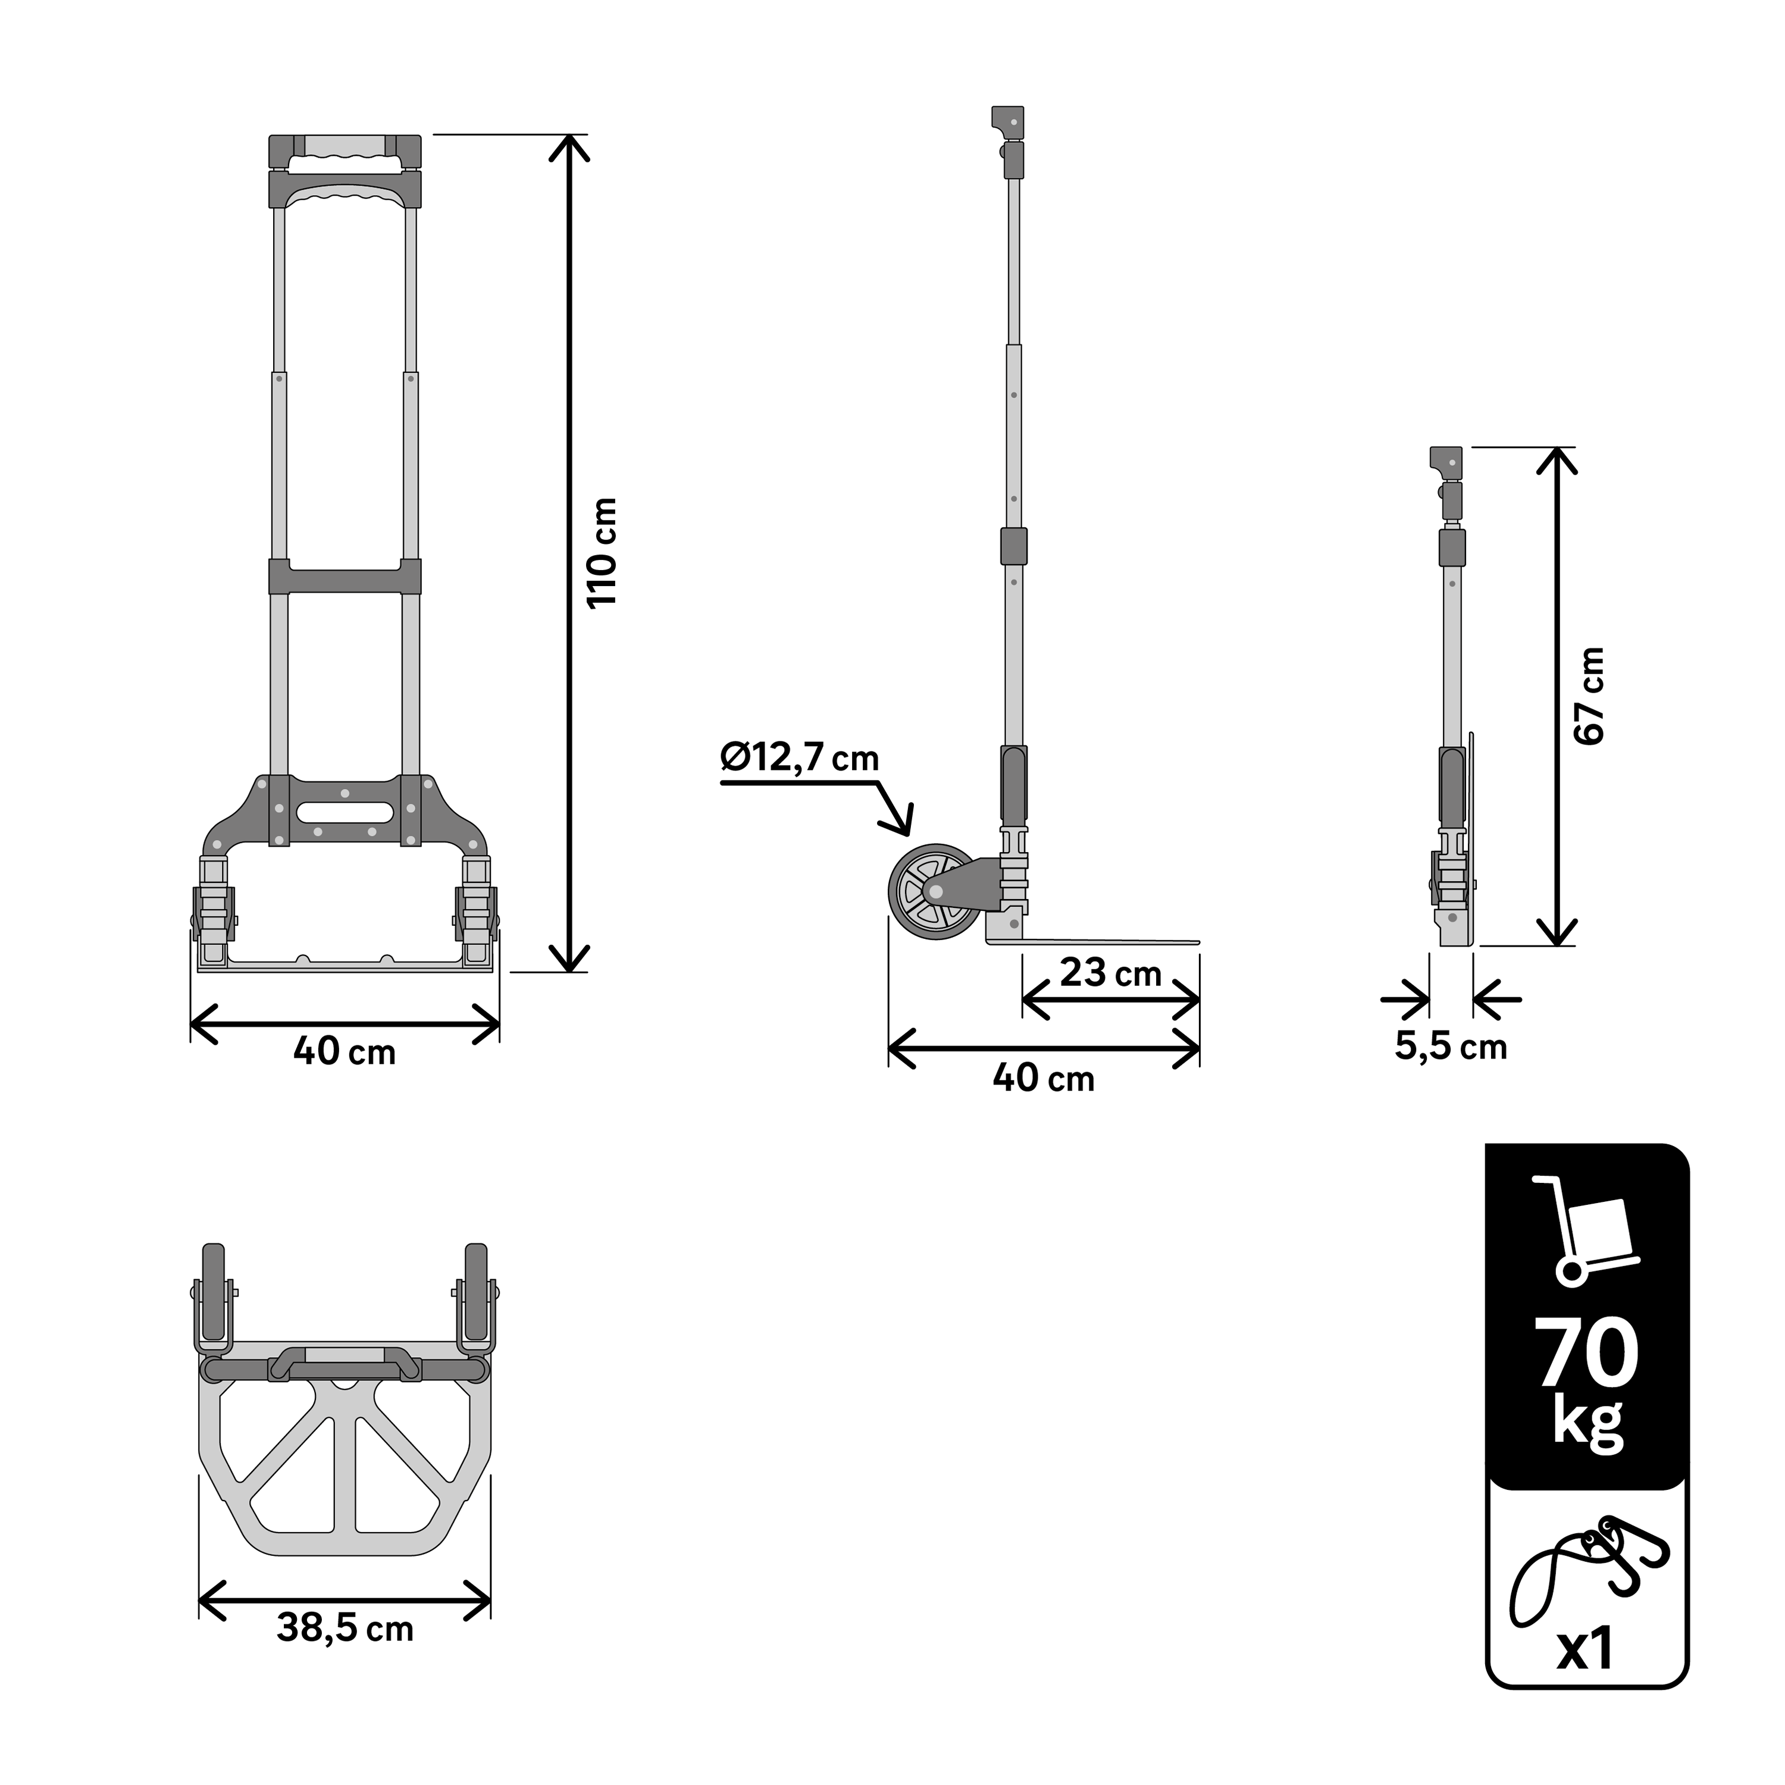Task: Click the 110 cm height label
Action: click(x=602, y=553)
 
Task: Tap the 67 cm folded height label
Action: click(x=1590, y=696)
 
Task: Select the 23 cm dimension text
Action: click(x=1110, y=973)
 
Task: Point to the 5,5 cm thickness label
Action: click(x=1451, y=1047)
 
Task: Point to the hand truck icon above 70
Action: click(x=1586, y=1232)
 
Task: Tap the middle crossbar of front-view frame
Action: click(x=345, y=577)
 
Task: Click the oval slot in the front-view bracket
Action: click(x=344, y=812)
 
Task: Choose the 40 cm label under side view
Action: click(x=1044, y=1078)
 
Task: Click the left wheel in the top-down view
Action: click(x=214, y=1294)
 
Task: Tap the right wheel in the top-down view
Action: click(x=476, y=1294)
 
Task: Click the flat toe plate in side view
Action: click(x=1108, y=941)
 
